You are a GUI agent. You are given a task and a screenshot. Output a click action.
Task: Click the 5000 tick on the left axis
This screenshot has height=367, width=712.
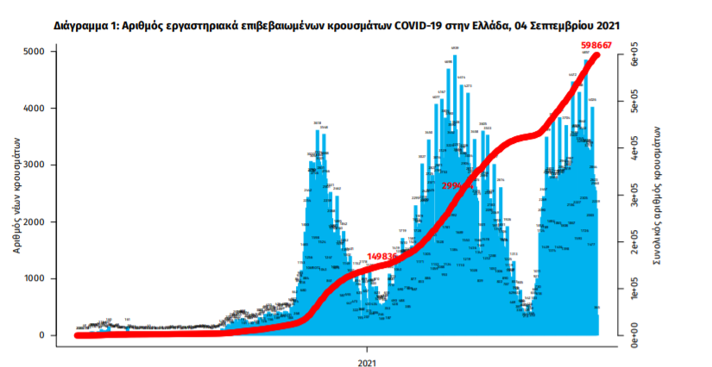point(35,52)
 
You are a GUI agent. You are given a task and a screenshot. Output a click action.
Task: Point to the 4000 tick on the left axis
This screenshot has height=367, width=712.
point(35,109)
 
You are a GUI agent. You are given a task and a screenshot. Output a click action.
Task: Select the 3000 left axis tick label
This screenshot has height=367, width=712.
point(35,165)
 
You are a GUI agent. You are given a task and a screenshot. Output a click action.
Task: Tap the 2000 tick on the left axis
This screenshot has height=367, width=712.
point(35,222)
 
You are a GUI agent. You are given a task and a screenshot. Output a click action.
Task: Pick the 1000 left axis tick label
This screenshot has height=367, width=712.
point(35,279)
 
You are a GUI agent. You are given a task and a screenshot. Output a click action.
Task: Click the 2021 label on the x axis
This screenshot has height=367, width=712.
point(368,353)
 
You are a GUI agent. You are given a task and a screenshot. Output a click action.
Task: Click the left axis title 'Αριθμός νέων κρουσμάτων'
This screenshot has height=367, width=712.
point(16,193)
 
